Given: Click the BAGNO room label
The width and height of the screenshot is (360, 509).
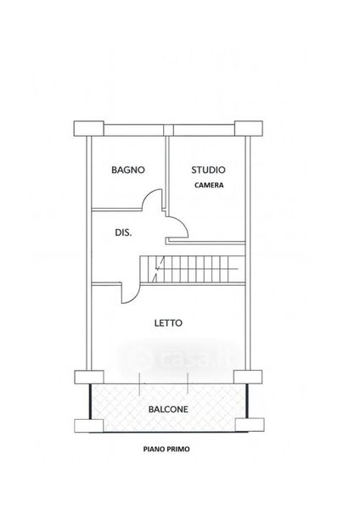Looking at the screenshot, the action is tap(128, 170).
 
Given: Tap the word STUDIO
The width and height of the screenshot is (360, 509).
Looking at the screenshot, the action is tap(208, 170).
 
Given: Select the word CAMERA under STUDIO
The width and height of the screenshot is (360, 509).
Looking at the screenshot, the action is tap(209, 185).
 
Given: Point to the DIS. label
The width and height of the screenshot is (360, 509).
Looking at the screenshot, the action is tap(123, 232).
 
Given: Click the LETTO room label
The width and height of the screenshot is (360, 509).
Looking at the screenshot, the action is tap(168, 323).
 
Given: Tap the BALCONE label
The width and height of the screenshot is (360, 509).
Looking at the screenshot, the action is tap(168, 410).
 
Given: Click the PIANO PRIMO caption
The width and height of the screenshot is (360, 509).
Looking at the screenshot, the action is tap(166, 450).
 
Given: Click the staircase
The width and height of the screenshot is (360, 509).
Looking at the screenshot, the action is tap(193, 269).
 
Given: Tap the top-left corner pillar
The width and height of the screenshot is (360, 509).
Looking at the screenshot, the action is tap(88, 129).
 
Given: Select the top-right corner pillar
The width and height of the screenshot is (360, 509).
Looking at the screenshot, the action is tap(249, 129).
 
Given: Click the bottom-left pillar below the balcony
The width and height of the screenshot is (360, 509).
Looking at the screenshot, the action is tap(89, 426).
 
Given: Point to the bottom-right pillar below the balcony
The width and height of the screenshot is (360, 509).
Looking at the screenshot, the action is tap(250, 425).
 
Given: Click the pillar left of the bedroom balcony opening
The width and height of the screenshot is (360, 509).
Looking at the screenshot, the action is tap(89, 378).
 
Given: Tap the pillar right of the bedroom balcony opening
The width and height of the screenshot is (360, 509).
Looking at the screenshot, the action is tap(248, 377).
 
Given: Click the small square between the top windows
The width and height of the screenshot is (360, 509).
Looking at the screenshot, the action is tap(168, 130).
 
